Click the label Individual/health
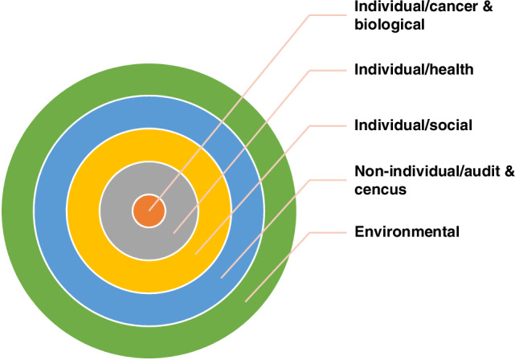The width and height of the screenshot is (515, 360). pyautogui.click(x=414, y=70)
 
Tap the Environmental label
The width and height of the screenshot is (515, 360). pyautogui.click(x=407, y=232)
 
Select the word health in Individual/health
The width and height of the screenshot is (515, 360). pyautogui.click(x=453, y=70)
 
